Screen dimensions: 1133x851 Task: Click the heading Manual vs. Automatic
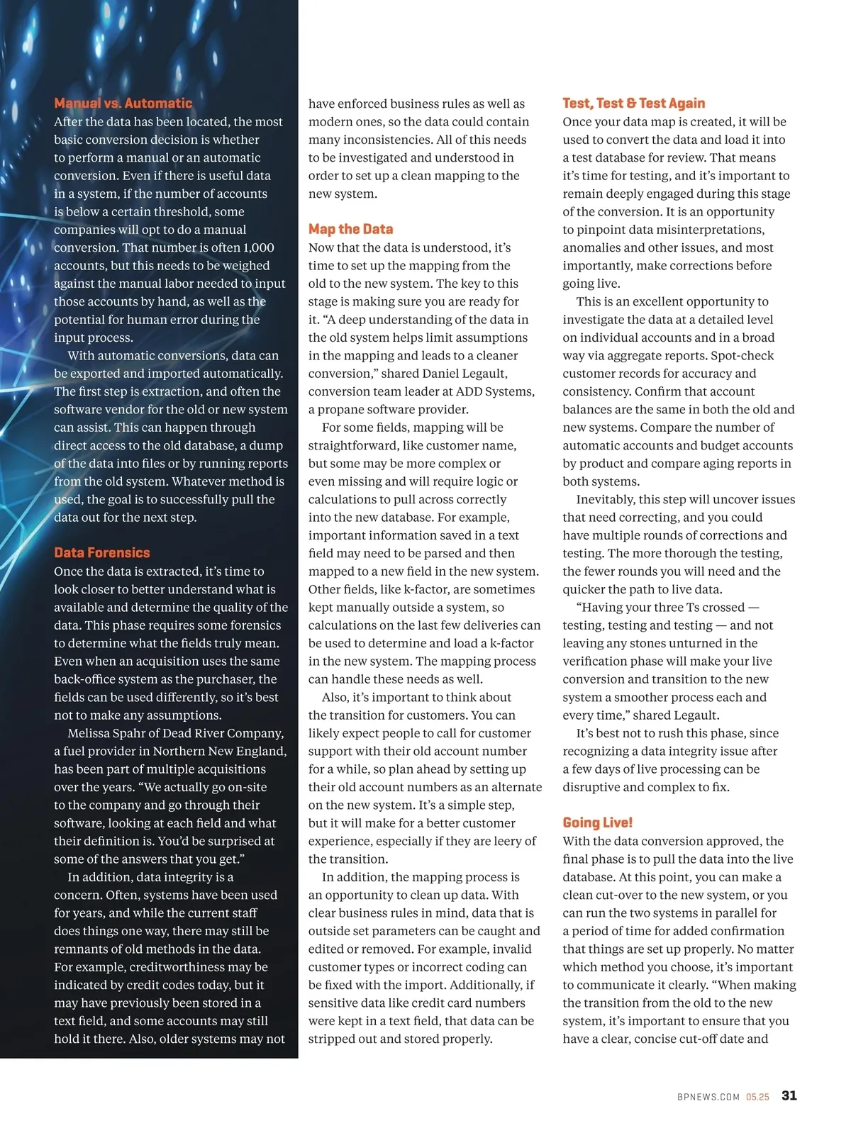(123, 103)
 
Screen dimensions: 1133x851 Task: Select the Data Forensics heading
(102, 552)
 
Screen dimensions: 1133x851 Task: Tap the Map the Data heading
(350, 229)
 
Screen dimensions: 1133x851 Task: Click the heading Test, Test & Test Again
(633, 103)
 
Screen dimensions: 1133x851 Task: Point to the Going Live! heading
(597, 822)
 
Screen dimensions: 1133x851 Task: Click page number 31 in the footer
(789, 1095)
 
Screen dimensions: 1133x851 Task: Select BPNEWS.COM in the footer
(708, 1097)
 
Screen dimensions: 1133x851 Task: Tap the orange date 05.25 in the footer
(757, 1097)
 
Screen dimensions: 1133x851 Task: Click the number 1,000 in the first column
(258, 247)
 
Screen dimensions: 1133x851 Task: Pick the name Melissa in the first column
(92, 733)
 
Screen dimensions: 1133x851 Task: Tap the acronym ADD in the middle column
(470, 391)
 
